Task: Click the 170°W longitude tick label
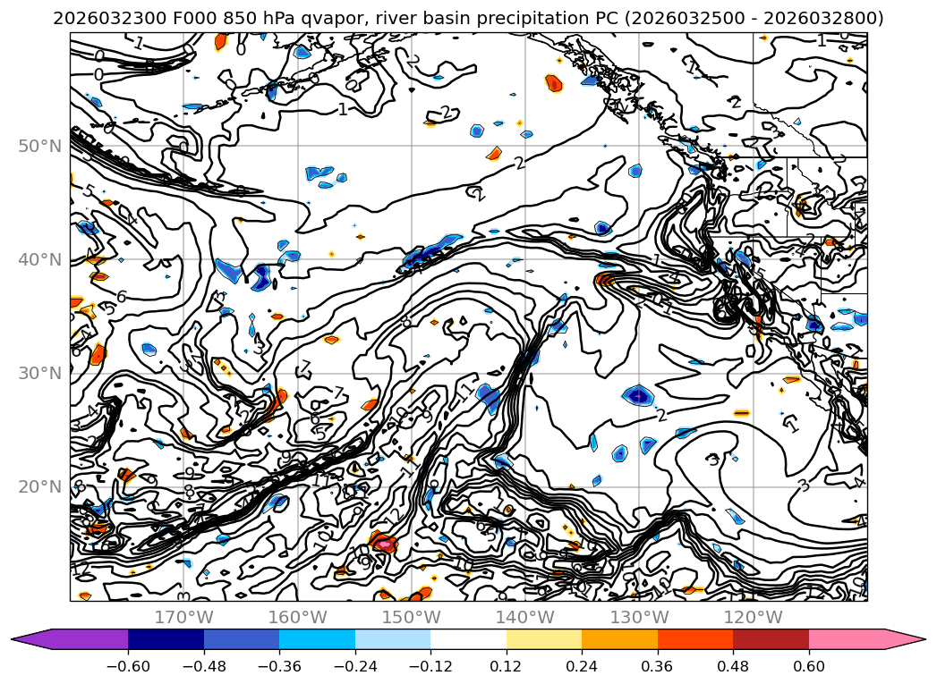pyautogui.click(x=183, y=617)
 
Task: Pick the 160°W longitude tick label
pyautogui.click(x=297, y=617)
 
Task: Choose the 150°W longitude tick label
pyautogui.click(x=411, y=617)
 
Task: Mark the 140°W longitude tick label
pyautogui.click(x=524, y=617)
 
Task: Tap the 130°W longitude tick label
pyautogui.click(x=638, y=617)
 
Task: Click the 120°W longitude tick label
pyautogui.click(x=752, y=617)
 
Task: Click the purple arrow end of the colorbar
pyautogui.click(x=27, y=639)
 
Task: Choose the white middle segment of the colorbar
pyautogui.click(x=468, y=639)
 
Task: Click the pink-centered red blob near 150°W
pyautogui.click(x=384, y=543)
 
